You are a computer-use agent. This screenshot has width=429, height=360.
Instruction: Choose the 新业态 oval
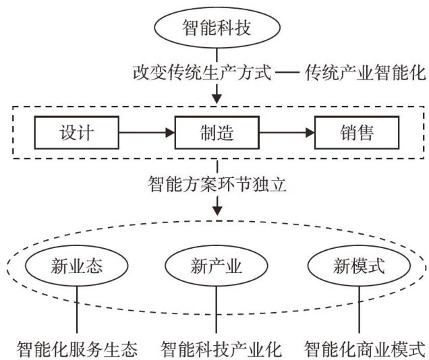point(77,265)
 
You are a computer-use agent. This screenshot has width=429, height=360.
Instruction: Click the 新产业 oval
point(216,265)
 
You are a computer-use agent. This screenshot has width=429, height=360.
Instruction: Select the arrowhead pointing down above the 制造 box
point(216,98)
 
